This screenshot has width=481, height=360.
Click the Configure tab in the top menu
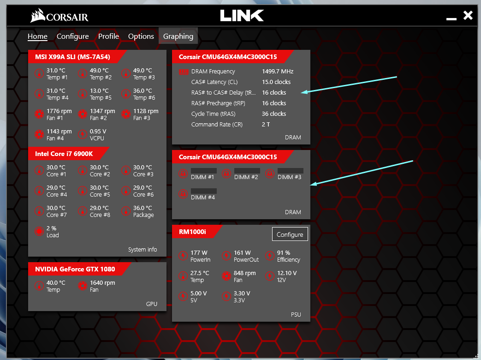click(x=72, y=36)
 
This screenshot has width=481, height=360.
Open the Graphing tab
click(x=178, y=36)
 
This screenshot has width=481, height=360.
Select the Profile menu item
click(x=108, y=36)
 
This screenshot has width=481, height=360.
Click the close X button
click(x=468, y=16)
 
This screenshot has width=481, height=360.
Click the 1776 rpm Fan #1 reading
click(x=59, y=114)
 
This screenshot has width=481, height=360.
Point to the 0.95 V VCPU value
click(x=98, y=135)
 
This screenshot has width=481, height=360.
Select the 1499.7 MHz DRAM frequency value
click(x=278, y=72)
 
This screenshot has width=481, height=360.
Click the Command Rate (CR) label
click(x=217, y=125)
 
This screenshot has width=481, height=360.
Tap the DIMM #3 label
click(x=289, y=177)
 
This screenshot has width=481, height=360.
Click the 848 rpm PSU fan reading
click(x=244, y=276)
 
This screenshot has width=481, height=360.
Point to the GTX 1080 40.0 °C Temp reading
click(x=55, y=286)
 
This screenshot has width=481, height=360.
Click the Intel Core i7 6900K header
click(x=65, y=154)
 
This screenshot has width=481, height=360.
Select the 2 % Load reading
click(x=53, y=232)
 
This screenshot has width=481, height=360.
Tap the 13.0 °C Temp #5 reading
click(x=100, y=94)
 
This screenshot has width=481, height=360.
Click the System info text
click(x=143, y=250)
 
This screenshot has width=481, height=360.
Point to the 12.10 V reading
click(x=287, y=276)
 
